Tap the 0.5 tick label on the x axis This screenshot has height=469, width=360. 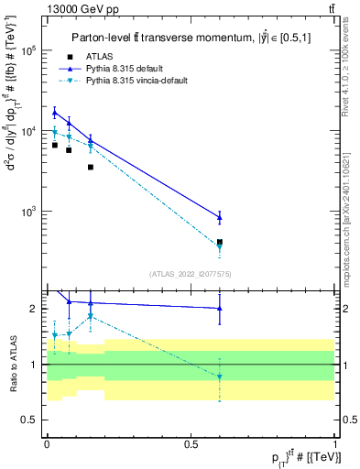coord(191,442)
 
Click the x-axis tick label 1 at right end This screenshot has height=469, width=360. coord(335,442)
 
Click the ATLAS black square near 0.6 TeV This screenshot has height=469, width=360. coord(219,242)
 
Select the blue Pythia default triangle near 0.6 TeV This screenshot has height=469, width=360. coord(219,217)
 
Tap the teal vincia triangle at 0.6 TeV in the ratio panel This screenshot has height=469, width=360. coord(219,376)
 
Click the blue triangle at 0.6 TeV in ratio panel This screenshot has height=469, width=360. coord(219,309)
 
